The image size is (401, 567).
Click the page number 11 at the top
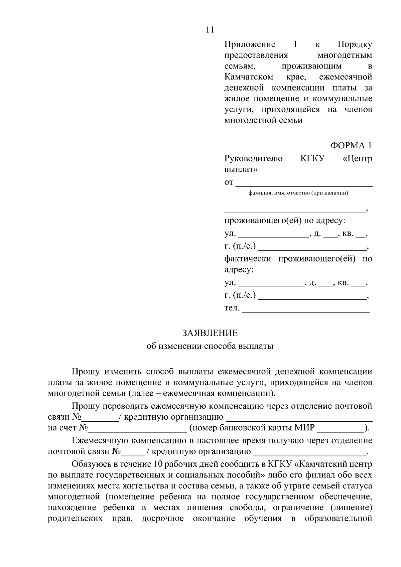click(210, 30)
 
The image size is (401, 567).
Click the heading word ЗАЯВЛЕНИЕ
click(210, 333)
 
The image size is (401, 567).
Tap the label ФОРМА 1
click(351, 145)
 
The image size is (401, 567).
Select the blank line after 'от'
click(304, 184)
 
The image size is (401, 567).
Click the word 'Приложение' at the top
click(250, 44)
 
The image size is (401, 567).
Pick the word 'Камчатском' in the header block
click(249, 77)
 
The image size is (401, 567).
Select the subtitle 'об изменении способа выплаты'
click(210, 346)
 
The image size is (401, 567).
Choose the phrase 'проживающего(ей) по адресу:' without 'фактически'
click(285, 221)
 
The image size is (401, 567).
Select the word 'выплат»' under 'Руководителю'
click(241, 169)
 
